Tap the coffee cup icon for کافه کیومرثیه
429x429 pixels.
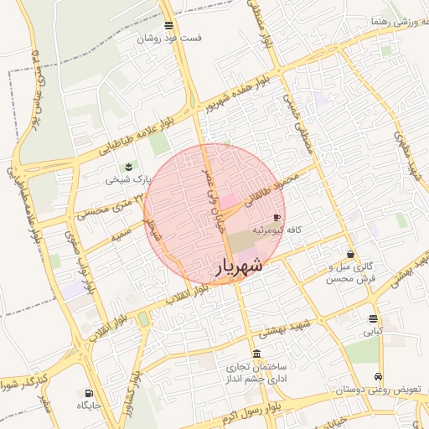(277, 218)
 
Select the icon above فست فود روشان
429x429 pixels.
(169, 26)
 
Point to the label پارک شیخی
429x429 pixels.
(130, 178)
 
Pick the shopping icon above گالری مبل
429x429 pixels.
(349, 254)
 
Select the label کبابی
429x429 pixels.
(372, 331)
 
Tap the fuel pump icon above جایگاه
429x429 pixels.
(88, 392)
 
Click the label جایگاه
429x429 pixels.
(89, 406)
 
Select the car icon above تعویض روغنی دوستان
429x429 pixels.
(380, 376)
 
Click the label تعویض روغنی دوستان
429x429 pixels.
(375, 390)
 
